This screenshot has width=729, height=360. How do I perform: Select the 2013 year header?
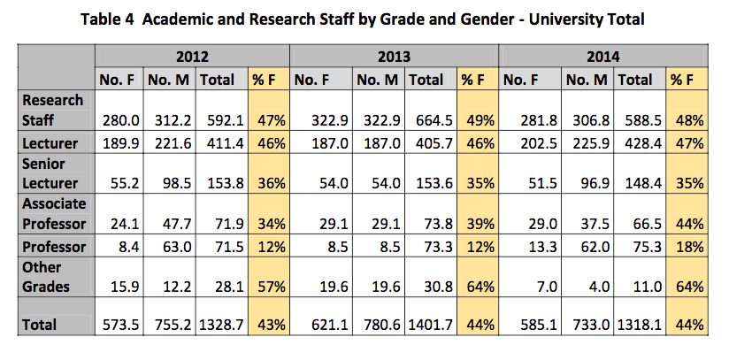pos(395,57)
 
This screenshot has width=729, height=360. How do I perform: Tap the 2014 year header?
pos(603,57)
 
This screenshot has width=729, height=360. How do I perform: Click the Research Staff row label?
pos(52,109)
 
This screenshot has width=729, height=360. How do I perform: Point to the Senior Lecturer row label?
pos(52,172)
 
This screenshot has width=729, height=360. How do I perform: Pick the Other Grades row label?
pos(52,277)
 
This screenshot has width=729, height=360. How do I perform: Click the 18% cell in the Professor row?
pos(687,247)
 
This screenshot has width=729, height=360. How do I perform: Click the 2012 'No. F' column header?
pos(119,80)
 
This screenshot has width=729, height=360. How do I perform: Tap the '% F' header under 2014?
pos(682,80)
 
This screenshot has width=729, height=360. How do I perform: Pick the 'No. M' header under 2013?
pos(380,80)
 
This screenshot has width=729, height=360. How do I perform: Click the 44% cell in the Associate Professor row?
pos(687,224)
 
